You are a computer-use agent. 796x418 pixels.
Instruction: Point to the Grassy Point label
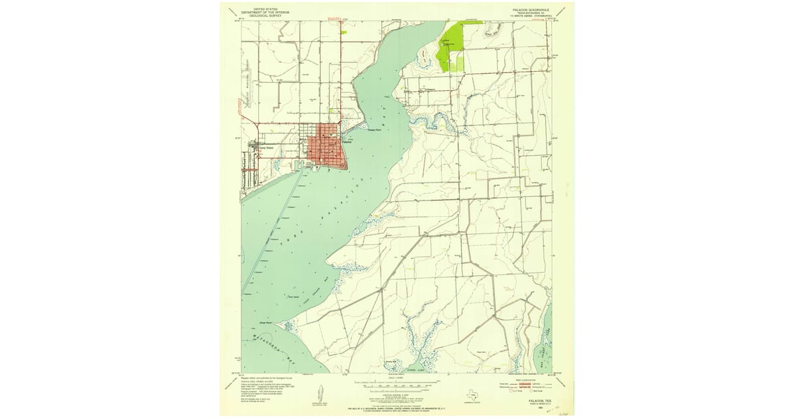click(375, 130)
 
